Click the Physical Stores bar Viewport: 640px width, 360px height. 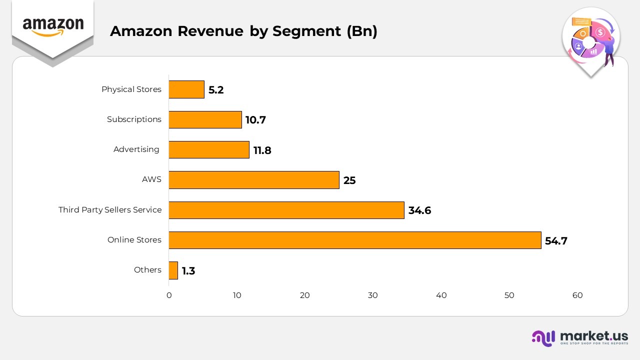click(186, 89)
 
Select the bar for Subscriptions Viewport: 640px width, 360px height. click(205, 119)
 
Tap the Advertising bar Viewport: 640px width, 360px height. click(209, 149)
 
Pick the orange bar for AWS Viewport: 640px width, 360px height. click(254, 180)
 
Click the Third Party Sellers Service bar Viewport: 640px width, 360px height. click(286, 210)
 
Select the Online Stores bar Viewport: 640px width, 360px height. click(355, 240)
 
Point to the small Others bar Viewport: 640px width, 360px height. click(173, 270)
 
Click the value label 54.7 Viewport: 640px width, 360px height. click(556, 241)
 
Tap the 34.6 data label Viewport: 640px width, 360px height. click(419, 210)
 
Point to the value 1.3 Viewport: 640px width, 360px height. click(188, 271)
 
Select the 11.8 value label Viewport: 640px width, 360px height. click(262, 150)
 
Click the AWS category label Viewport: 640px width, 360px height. click(151, 179)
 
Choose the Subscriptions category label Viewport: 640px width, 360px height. click(134, 119)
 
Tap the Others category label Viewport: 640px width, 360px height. click(147, 270)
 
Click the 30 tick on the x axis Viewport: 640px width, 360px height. click(373, 295)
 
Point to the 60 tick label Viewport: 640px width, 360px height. click(577, 295)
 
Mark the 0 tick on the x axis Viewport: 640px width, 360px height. click(169, 295)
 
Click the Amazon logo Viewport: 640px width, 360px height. click(53, 26)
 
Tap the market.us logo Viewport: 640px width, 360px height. click(580, 338)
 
